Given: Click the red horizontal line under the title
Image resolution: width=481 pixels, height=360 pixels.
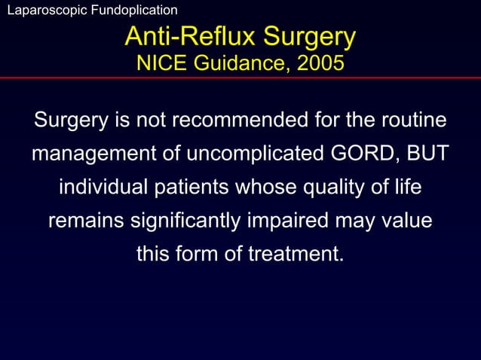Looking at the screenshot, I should pyautogui.click(x=240, y=78).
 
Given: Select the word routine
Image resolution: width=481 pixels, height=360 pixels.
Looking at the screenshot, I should pyautogui.click(x=409, y=121).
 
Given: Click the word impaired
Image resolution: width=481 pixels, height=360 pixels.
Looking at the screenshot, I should pyautogui.click(x=306, y=221).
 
